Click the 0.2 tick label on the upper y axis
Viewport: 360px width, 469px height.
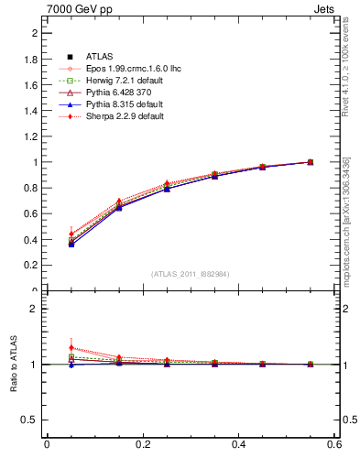(x=32, y=266)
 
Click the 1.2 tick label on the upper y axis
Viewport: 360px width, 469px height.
(x=32, y=136)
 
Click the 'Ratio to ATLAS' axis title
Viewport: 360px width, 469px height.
(x=13, y=365)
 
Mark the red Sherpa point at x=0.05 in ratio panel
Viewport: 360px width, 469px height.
(x=71, y=348)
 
